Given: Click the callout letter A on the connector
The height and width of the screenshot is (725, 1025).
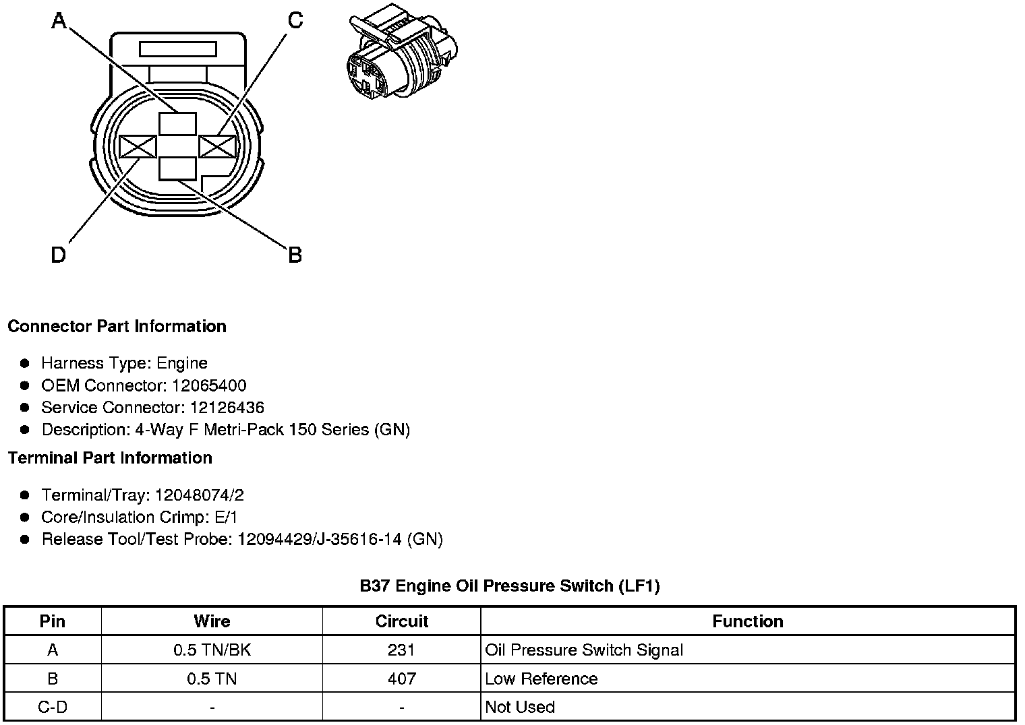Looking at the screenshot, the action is click(x=59, y=22).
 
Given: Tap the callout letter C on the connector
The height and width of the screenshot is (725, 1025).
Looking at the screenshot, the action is click(x=295, y=21).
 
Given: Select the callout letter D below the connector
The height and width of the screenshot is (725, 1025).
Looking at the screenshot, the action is click(x=59, y=255).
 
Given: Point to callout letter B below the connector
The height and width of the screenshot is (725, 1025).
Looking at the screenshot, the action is click(x=295, y=255).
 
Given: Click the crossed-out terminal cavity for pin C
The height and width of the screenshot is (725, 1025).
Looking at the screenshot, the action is click(x=217, y=147).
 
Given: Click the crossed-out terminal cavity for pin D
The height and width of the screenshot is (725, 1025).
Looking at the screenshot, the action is click(x=138, y=147).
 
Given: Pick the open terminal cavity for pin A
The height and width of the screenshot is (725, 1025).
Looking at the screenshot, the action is click(x=177, y=124).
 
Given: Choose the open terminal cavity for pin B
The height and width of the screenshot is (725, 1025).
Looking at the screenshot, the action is click(x=177, y=169).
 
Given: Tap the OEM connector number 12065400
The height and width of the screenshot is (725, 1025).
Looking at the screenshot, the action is click(x=209, y=385).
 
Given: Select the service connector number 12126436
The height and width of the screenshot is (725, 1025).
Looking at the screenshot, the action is click(x=227, y=408).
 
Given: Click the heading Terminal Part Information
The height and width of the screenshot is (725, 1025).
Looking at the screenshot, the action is click(x=110, y=458).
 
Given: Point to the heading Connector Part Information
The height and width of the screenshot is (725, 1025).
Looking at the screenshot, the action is click(x=117, y=327).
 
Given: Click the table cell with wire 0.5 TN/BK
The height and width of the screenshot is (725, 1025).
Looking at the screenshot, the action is click(x=212, y=650).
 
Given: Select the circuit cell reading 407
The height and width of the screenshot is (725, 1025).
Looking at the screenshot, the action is click(x=401, y=679).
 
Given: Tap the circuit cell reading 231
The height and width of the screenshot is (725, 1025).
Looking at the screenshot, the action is click(x=401, y=650).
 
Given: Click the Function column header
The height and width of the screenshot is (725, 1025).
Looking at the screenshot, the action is click(x=747, y=621).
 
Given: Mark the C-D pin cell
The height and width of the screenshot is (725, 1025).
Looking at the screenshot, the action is click(x=53, y=707).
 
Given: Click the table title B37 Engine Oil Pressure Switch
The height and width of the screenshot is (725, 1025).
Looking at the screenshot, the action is click(x=510, y=586).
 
